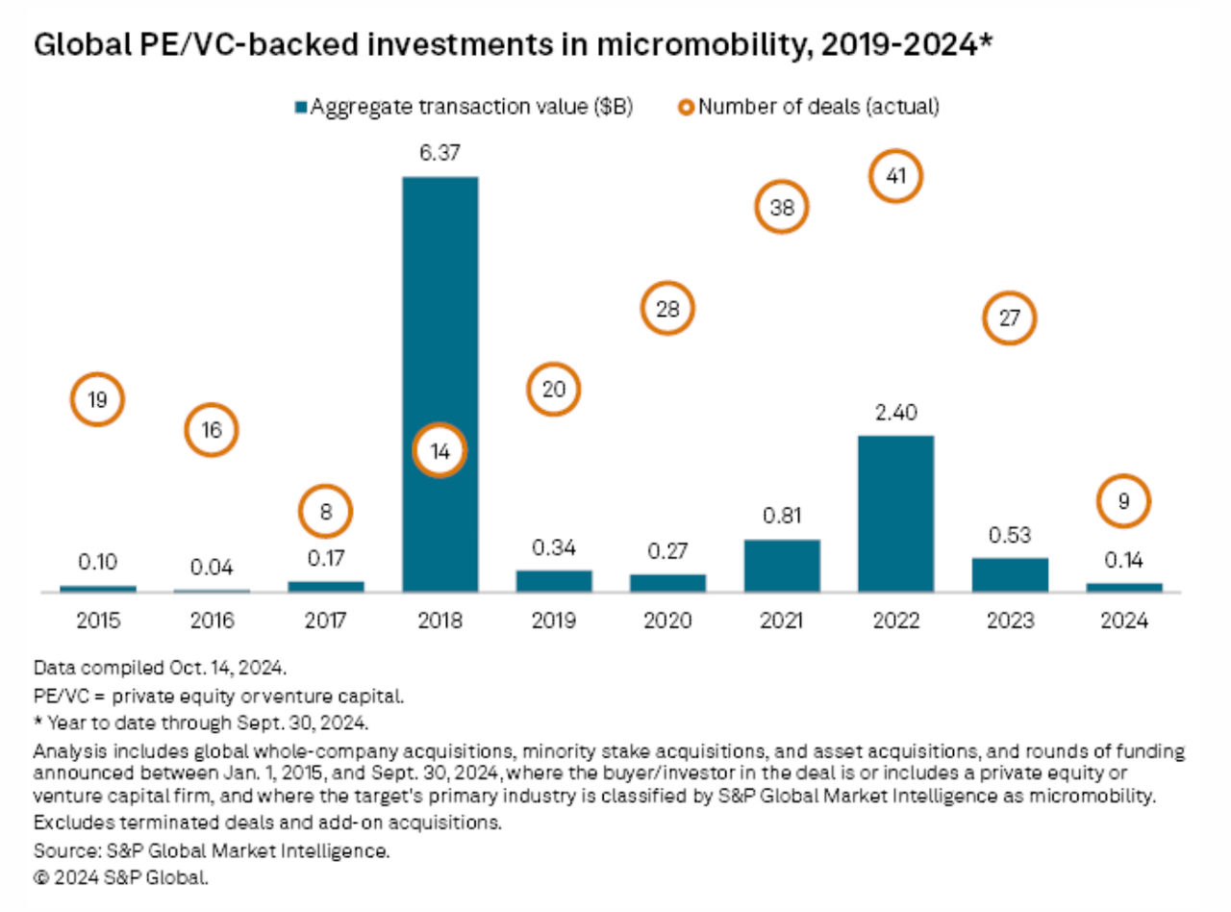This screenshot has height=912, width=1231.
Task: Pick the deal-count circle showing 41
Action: [x=895, y=178]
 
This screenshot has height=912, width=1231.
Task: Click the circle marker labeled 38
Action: [x=782, y=208]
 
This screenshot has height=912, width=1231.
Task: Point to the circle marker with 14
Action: [x=440, y=452]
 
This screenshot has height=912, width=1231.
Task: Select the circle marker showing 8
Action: [x=326, y=512]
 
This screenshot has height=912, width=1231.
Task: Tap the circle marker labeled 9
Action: [x=1123, y=501]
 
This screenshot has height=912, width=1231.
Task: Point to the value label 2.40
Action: [x=895, y=413]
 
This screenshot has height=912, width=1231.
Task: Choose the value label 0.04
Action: [x=212, y=567]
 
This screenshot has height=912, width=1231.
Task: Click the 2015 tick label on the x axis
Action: [x=98, y=621]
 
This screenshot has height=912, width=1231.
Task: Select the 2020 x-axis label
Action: [x=667, y=621]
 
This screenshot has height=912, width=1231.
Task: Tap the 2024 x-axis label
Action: [x=1123, y=621]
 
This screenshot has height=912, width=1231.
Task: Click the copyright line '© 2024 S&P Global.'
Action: [x=120, y=876]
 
